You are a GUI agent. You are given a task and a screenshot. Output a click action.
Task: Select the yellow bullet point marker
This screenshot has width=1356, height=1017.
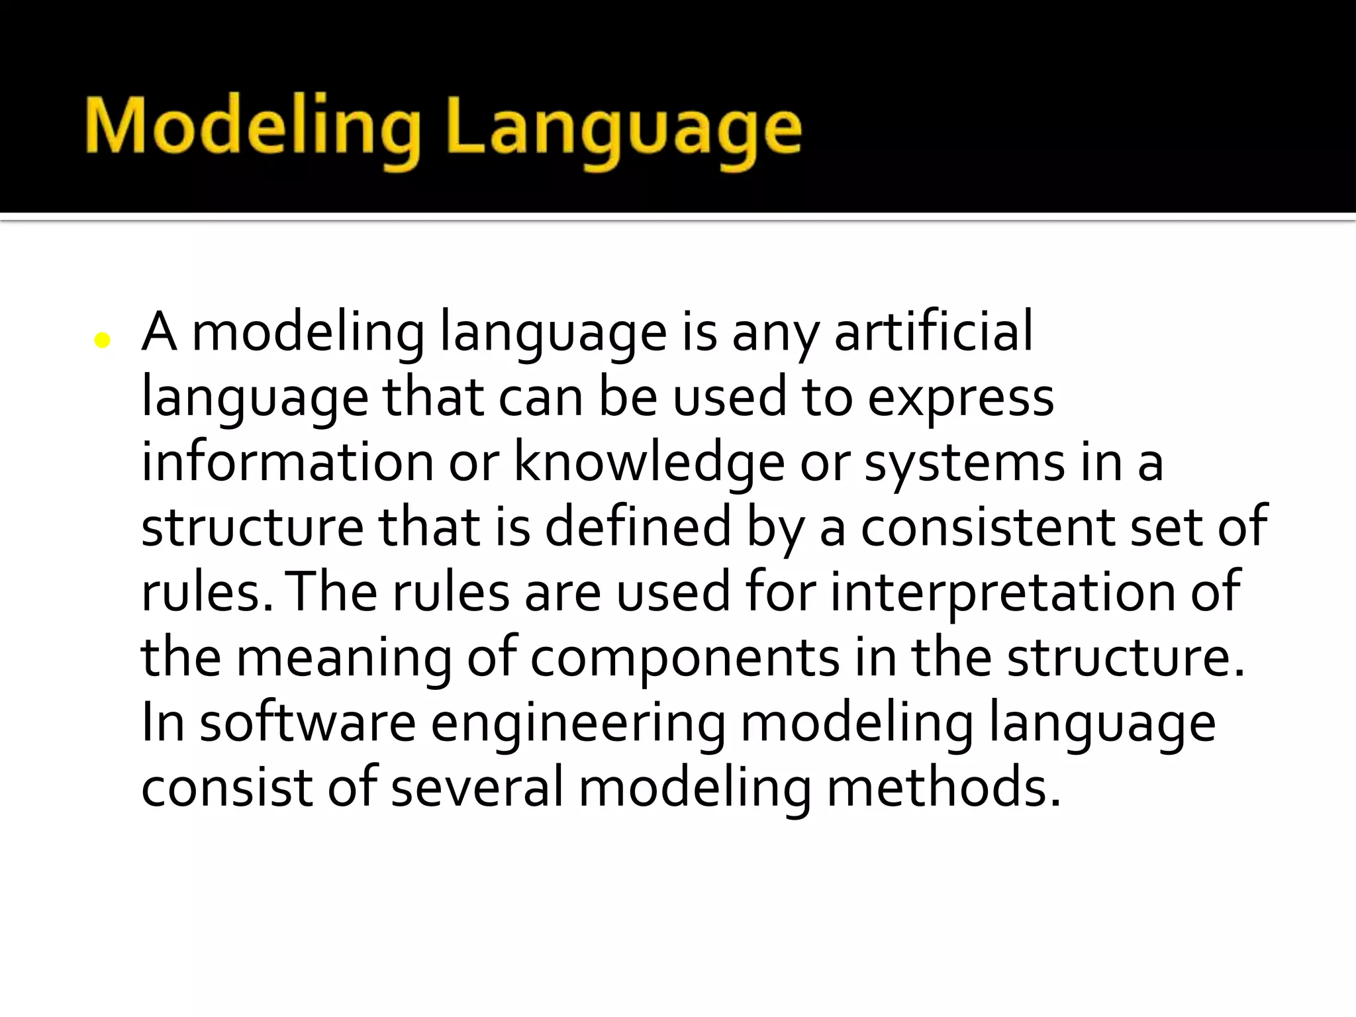pyautogui.click(x=102, y=340)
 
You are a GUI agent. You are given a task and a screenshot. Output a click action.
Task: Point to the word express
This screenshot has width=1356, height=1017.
pyautogui.click(x=961, y=399)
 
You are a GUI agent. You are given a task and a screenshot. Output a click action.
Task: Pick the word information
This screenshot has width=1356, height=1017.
pyautogui.click(x=287, y=461)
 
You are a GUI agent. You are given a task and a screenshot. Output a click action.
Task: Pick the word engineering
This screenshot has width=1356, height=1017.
pyautogui.click(x=578, y=724)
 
